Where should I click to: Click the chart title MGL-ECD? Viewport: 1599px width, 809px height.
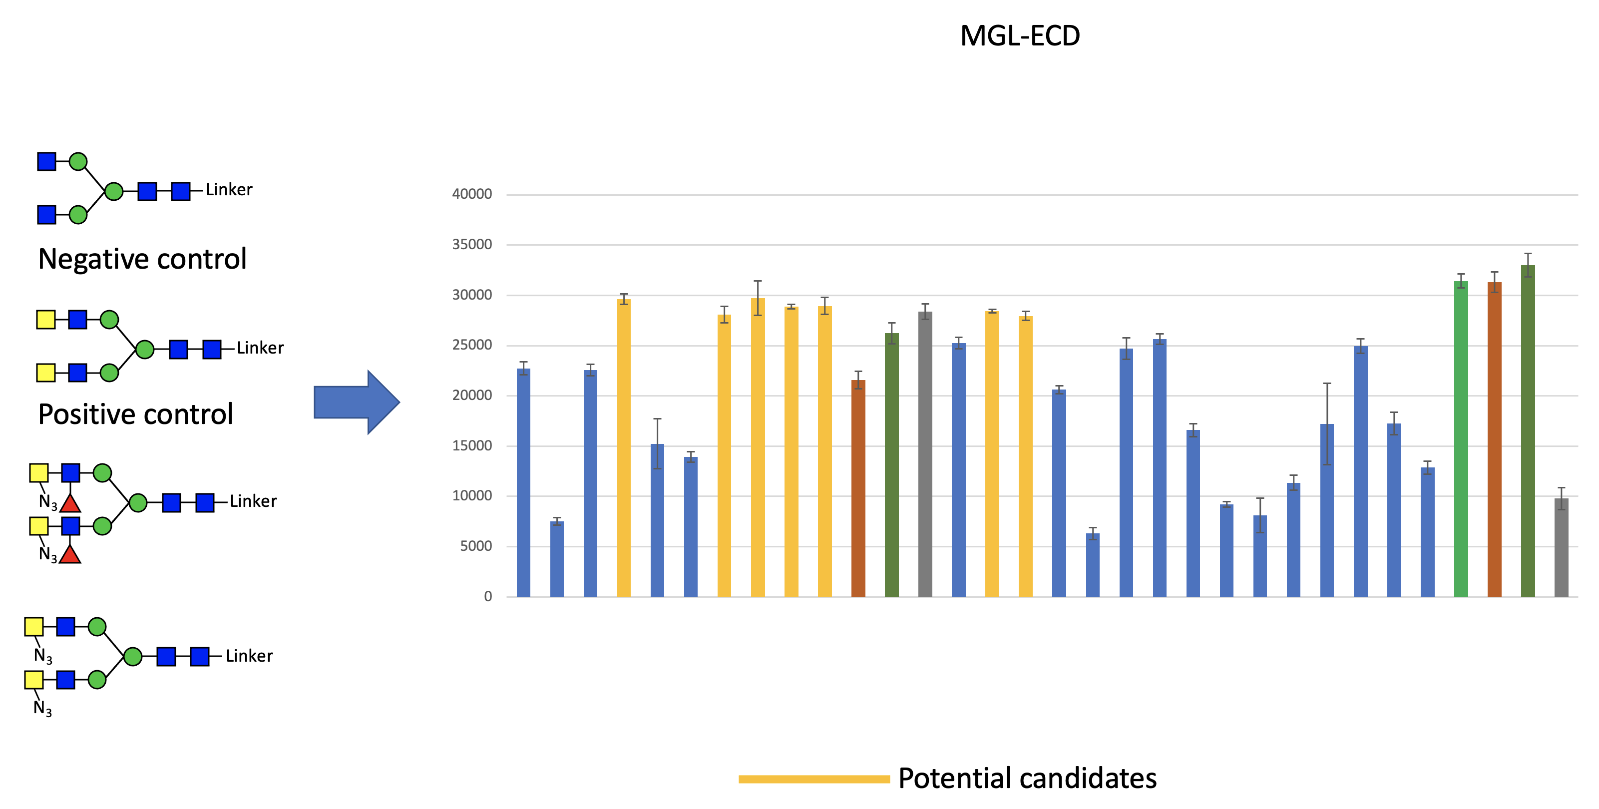pos(1019,36)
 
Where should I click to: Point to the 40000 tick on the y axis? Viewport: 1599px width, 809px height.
pos(472,194)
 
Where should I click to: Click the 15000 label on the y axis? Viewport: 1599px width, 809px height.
pos(472,446)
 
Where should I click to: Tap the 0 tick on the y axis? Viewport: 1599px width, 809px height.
pos(488,597)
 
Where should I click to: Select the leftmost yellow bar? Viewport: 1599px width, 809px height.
pos(624,447)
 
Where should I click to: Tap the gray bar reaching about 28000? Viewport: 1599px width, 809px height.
pos(925,454)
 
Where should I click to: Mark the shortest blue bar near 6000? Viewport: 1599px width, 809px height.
pos(1093,565)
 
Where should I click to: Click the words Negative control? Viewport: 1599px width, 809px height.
pos(142,259)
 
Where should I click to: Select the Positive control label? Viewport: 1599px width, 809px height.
pos(135,414)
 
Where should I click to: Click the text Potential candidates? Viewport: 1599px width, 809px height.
pos(1027,779)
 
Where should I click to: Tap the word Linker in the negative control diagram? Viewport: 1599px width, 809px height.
pos(229,190)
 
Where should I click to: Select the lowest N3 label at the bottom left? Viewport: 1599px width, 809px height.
pos(43,709)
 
